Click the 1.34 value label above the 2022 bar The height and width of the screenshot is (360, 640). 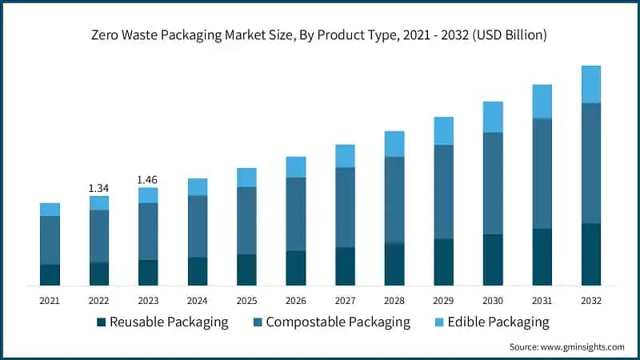point(99,188)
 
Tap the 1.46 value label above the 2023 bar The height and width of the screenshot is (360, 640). point(148,180)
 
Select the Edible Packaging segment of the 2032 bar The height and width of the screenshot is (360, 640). point(591,84)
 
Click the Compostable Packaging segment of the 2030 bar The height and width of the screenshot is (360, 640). point(493,183)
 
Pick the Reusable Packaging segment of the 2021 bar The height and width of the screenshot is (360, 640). point(50,274)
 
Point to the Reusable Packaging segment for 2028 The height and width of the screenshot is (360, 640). point(394,264)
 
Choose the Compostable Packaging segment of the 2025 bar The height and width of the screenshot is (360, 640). point(246,221)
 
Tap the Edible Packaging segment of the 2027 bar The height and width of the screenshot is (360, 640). point(345,156)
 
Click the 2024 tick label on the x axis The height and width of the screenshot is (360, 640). point(198,300)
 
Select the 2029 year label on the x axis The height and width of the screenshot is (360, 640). point(443,300)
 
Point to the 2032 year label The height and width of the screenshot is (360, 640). point(591,300)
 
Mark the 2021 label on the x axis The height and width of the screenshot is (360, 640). point(50,300)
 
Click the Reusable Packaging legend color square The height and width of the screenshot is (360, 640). point(101,322)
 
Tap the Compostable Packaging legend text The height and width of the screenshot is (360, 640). point(338,322)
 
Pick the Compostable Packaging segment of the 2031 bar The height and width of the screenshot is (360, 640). point(542,174)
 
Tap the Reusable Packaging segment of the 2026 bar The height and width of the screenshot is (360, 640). point(296,268)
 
